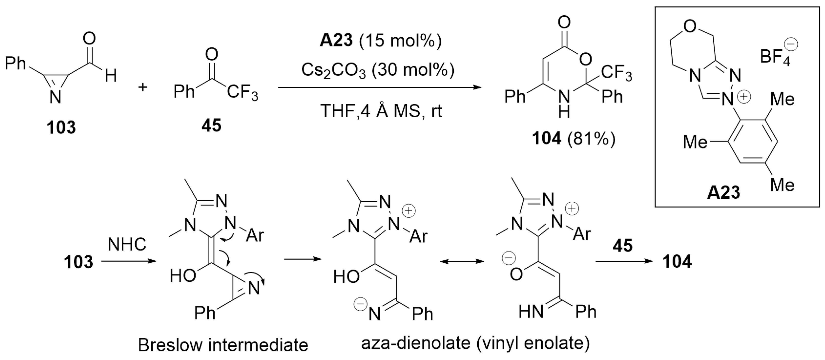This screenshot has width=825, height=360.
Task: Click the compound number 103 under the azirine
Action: point(61,127)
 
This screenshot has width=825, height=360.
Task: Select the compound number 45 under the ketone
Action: point(211,125)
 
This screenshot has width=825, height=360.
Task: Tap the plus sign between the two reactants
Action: point(143,87)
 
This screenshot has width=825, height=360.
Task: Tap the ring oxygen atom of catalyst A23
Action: point(690,26)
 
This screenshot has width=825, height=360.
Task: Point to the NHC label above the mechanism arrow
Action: point(127,245)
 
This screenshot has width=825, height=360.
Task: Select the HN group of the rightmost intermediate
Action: point(531,312)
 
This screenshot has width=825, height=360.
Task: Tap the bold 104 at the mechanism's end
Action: point(677,262)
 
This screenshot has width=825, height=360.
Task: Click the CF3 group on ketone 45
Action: point(242,93)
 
